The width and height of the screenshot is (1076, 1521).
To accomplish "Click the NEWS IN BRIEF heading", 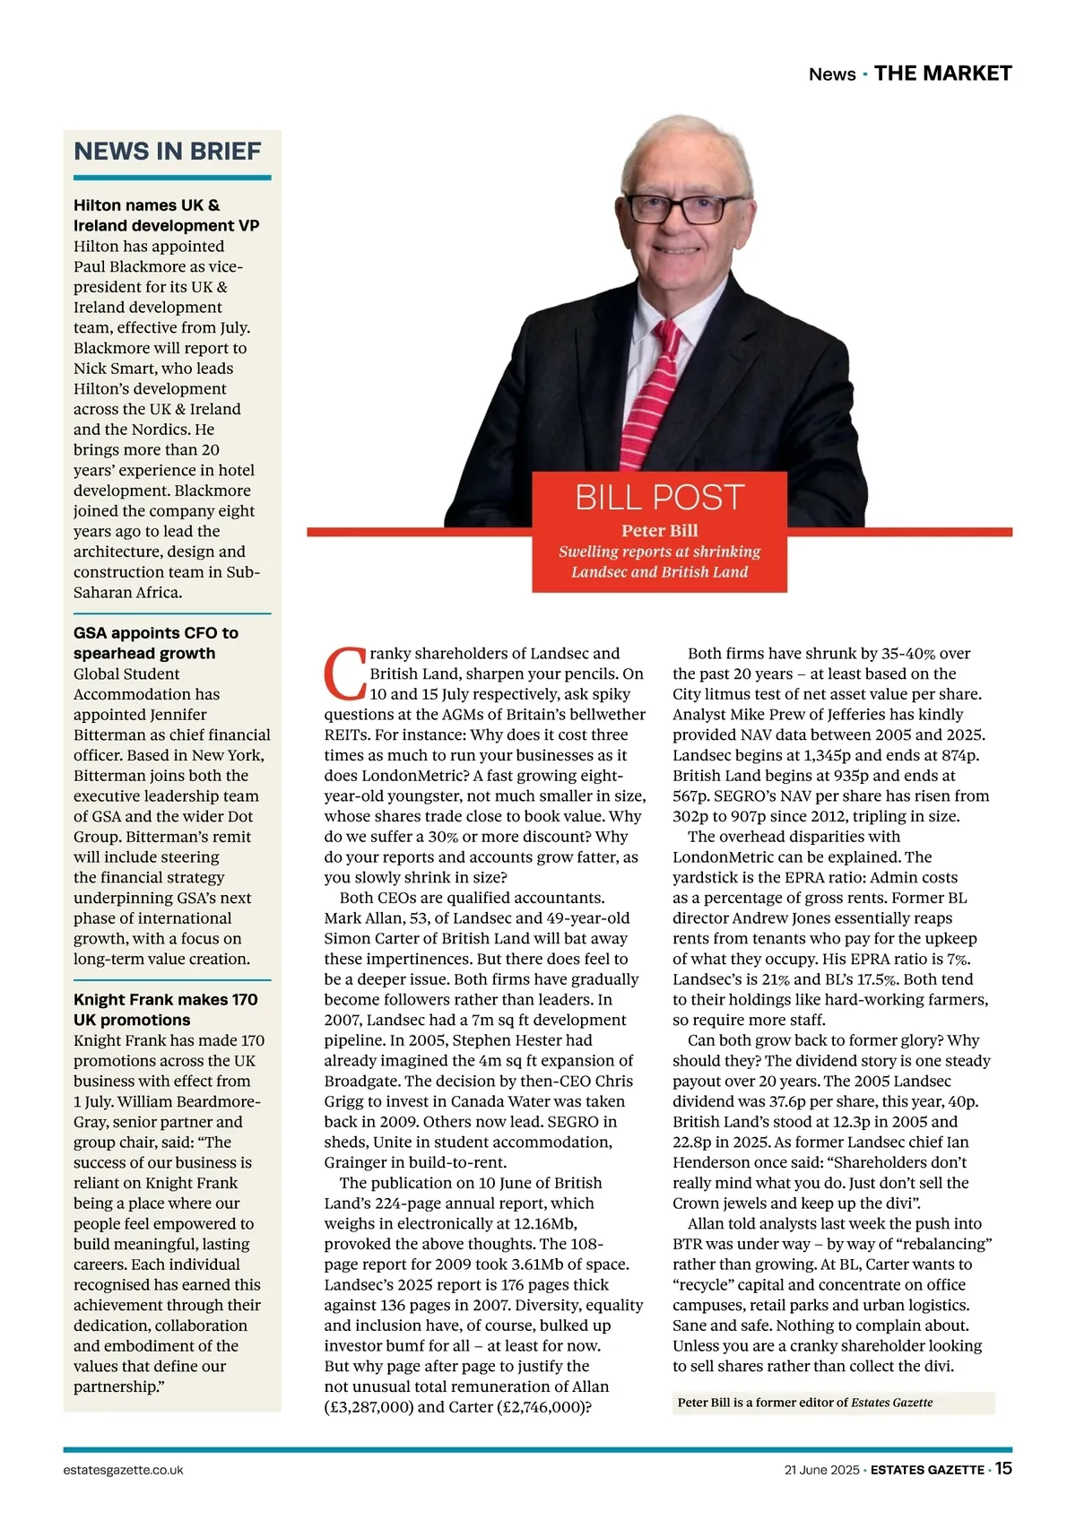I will [x=167, y=151].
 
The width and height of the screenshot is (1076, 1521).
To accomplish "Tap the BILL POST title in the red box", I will [x=659, y=497].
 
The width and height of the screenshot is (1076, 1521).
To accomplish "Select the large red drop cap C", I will [x=345, y=674].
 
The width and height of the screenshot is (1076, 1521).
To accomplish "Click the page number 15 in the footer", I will [x=1002, y=1468].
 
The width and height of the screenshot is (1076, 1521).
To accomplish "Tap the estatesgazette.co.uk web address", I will [x=124, y=1470].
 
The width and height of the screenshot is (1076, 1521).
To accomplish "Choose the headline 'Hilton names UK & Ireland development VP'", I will [x=166, y=215].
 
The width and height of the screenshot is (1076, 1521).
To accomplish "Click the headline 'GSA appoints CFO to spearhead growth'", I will [x=155, y=643].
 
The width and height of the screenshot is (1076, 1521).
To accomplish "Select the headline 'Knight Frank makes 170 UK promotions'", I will [x=165, y=1010].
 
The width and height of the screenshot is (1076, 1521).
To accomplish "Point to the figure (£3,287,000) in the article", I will [x=369, y=1406].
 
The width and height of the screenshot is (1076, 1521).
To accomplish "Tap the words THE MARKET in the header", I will [x=942, y=74].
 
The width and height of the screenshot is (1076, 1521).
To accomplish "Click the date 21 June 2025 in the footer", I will [x=820, y=1470].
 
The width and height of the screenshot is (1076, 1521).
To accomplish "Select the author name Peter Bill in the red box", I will [x=659, y=530].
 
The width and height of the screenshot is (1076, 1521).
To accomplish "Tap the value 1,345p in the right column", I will [x=774, y=755].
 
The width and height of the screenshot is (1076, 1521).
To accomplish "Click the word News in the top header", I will [x=831, y=74].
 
